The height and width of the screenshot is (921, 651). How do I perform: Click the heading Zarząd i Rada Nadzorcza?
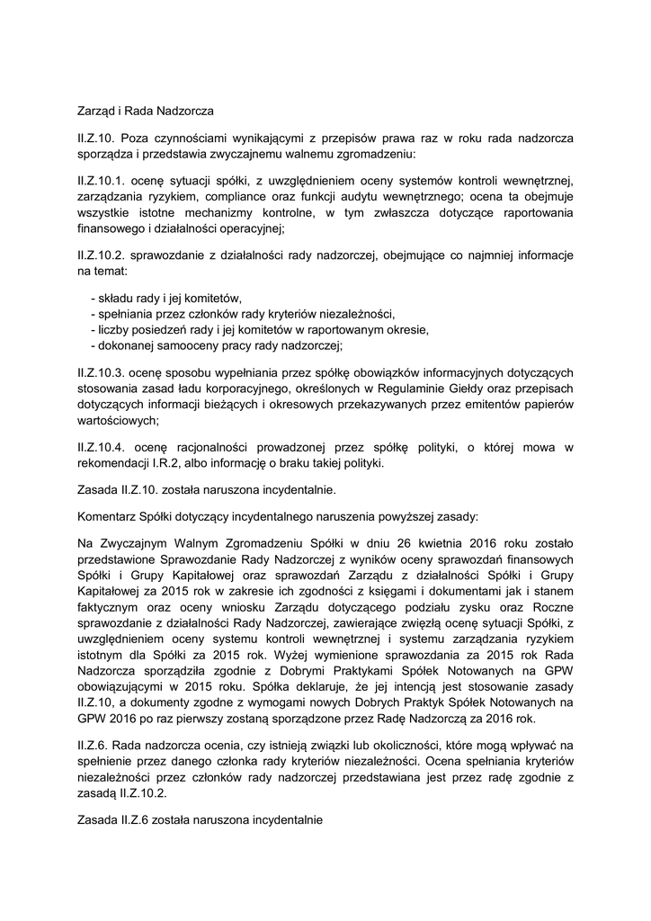tap(145, 112)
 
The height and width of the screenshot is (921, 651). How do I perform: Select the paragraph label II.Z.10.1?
tap(102, 181)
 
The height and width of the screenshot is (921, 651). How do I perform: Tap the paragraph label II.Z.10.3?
tap(102, 371)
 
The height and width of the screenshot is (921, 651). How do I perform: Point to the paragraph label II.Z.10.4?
tap(102, 446)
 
